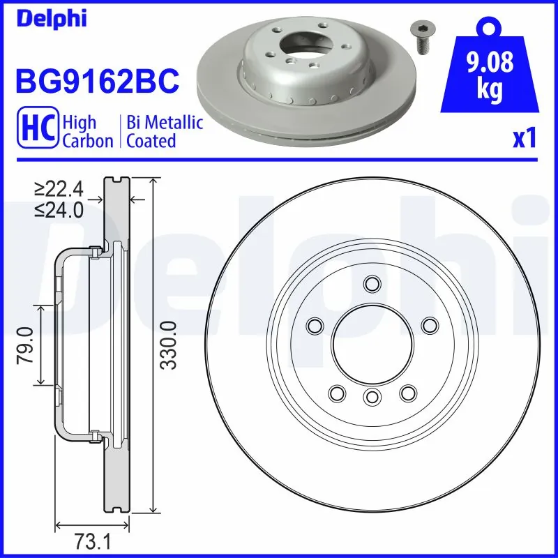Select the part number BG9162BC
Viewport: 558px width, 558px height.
(98, 82)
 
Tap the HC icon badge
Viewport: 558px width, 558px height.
(36, 131)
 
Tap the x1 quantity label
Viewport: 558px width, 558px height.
(525, 139)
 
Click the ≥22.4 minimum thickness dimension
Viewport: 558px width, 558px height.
(59, 189)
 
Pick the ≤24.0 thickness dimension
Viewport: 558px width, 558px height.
(59, 209)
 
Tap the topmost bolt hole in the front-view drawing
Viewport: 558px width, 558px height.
(371, 284)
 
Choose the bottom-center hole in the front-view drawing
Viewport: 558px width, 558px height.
(371, 397)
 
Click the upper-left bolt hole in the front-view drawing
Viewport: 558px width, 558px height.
(315, 326)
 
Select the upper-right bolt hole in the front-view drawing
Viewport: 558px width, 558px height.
(430, 326)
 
